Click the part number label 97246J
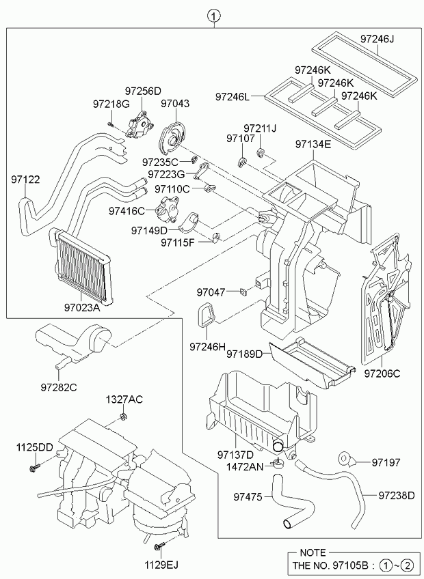tap(377, 39)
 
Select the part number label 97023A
tap(83, 308)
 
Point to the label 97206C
tap(382, 373)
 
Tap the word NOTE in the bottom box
tap(312, 553)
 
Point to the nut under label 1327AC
tap(122, 417)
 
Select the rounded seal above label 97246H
tap(207, 318)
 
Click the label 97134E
tap(313, 145)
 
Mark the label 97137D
tap(235, 455)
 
